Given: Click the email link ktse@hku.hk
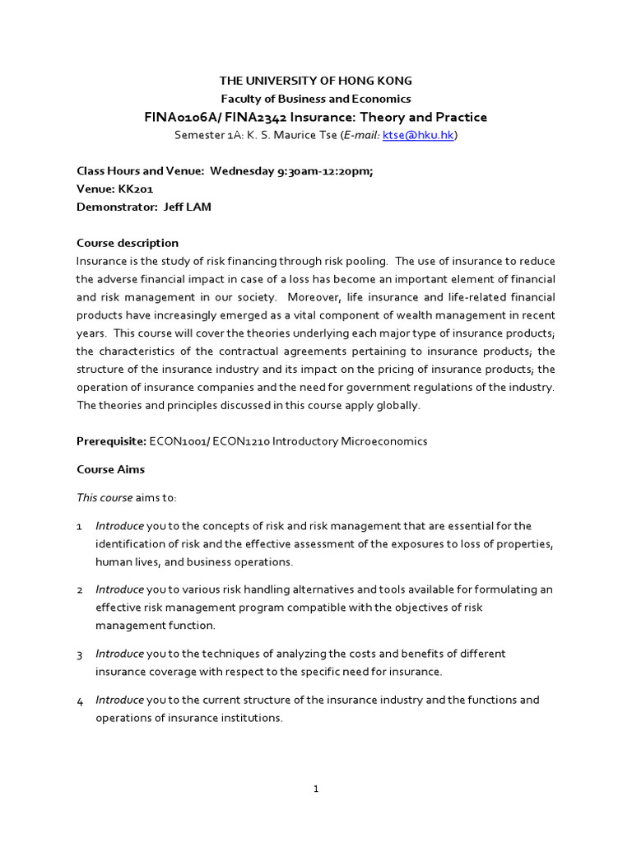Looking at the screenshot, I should point(418,135).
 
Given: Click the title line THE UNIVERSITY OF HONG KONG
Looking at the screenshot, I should point(315,81).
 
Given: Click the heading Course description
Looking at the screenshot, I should point(128,243).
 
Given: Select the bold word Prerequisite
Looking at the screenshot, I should point(111,440).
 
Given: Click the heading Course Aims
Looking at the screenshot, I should point(111,469).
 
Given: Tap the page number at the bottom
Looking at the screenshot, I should point(316,789).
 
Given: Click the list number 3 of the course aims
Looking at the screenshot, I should point(80,654).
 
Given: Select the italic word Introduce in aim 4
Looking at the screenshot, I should point(119,700).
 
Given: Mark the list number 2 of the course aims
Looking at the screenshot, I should point(80,590).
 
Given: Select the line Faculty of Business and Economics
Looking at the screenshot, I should point(315,99).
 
